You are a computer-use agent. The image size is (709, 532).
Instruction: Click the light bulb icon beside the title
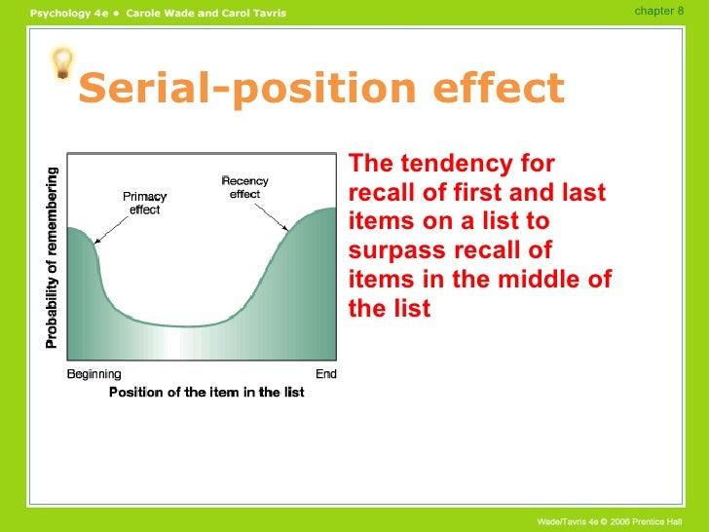point(62,64)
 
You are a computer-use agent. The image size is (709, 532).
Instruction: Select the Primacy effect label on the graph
point(144,203)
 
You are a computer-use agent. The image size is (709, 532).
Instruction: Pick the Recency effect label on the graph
point(244,187)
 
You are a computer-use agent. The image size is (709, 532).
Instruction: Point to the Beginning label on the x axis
point(93,374)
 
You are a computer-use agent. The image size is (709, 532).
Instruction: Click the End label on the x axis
point(326,374)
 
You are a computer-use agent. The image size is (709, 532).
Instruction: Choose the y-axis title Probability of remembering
point(51,255)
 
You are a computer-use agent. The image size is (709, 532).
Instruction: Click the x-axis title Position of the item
point(206,393)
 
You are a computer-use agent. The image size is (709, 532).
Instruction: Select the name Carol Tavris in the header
point(251,12)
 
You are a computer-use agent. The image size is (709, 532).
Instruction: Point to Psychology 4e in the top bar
point(67,12)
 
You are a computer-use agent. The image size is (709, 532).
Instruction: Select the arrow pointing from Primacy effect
point(115,230)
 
